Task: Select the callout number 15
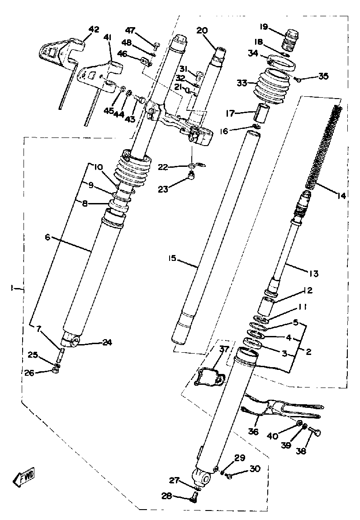click(x=172, y=260)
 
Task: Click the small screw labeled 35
click(x=298, y=80)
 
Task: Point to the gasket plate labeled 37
click(x=209, y=378)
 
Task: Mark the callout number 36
click(x=253, y=432)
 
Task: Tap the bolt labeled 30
click(x=230, y=476)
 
